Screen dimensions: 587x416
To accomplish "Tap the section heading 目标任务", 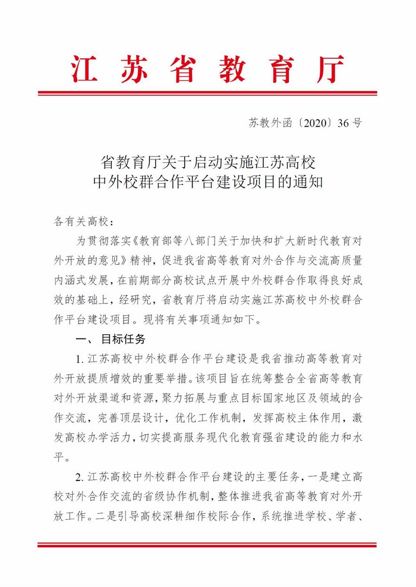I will click(x=123, y=339).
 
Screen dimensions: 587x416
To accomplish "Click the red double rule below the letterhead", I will click(x=207, y=93).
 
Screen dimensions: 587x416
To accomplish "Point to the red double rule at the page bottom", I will click(x=207, y=544).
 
